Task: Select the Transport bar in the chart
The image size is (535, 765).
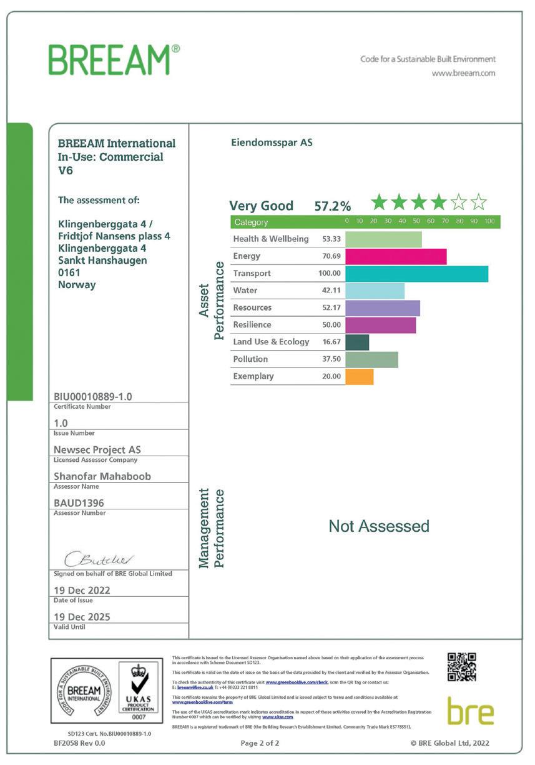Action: pos(416,274)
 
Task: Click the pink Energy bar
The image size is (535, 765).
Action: pos(396,256)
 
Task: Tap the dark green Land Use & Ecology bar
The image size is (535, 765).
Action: pos(357,342)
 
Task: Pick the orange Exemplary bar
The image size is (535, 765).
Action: pos(359,376)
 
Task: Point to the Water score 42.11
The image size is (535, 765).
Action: pos(330,291)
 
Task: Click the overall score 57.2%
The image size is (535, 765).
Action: pos(332,206)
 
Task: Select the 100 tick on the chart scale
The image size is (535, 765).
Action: pos(489,222)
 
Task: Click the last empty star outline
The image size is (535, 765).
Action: pos(478,202)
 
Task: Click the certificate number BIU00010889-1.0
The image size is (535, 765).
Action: pos(93,396)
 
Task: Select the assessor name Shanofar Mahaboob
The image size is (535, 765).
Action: pos(102,476)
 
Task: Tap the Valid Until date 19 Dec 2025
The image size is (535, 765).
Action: pos(82,617)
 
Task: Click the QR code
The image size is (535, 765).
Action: pos(462,667)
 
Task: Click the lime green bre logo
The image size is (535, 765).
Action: pos(471,711)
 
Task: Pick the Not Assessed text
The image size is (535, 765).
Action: pos(379,526)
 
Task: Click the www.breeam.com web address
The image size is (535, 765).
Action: pos(463,73)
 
